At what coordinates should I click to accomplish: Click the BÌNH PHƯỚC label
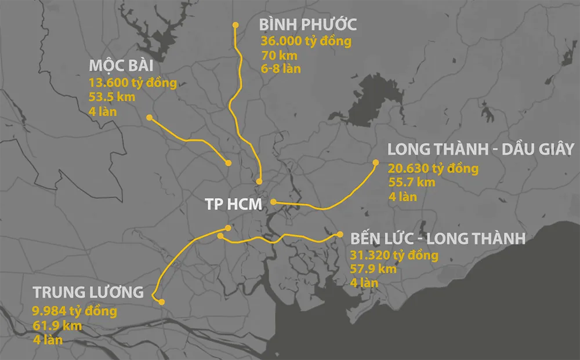tap(307, 25)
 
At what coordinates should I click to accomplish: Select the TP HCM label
tap(234, 204)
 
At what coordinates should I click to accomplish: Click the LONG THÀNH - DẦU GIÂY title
tap(480, 149)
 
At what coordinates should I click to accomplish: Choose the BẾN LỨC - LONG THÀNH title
tap(438, 239)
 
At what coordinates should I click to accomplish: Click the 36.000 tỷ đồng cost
tap(306, 42)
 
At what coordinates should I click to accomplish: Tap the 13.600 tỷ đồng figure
tap(133, 83)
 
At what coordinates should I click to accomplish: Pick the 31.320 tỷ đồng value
tap(394, 255)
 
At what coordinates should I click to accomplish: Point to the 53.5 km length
tap(112, 97)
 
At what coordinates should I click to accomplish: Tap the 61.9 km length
tap(57, 326)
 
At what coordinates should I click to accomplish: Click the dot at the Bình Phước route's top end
tap(235, 25)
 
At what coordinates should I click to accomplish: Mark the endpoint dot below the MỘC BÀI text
tap(150, 118)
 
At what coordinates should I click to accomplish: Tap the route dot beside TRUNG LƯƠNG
tap(162, 301)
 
